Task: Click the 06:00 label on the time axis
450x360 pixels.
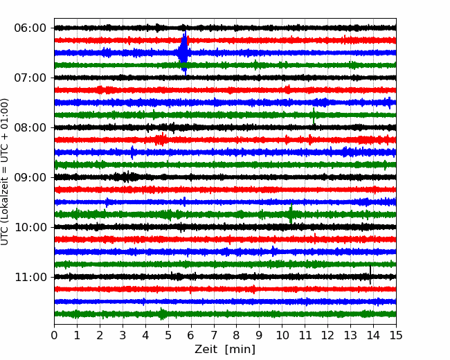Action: [30, 28]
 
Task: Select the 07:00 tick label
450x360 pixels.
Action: [30, 78]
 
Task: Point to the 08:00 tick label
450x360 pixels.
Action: [30, 127]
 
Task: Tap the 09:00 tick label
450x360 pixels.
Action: [30, 177]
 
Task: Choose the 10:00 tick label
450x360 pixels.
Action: [30, 227]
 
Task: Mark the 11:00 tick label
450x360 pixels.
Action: [30, 277]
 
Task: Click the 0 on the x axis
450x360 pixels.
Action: [54, 335]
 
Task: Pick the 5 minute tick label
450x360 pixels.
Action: [168, 335]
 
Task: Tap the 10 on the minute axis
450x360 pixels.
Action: [282, 335]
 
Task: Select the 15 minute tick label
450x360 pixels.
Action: [396, 335]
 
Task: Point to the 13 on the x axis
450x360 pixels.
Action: [350, 335]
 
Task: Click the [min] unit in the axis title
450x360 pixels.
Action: [240, 350]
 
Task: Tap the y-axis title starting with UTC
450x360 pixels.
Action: [4, 172]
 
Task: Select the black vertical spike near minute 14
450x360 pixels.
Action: [370, 275]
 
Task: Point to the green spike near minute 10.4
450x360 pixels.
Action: [291, 213]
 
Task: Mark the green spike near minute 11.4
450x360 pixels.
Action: [314, 116]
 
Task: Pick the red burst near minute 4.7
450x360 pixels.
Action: [161, 140]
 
